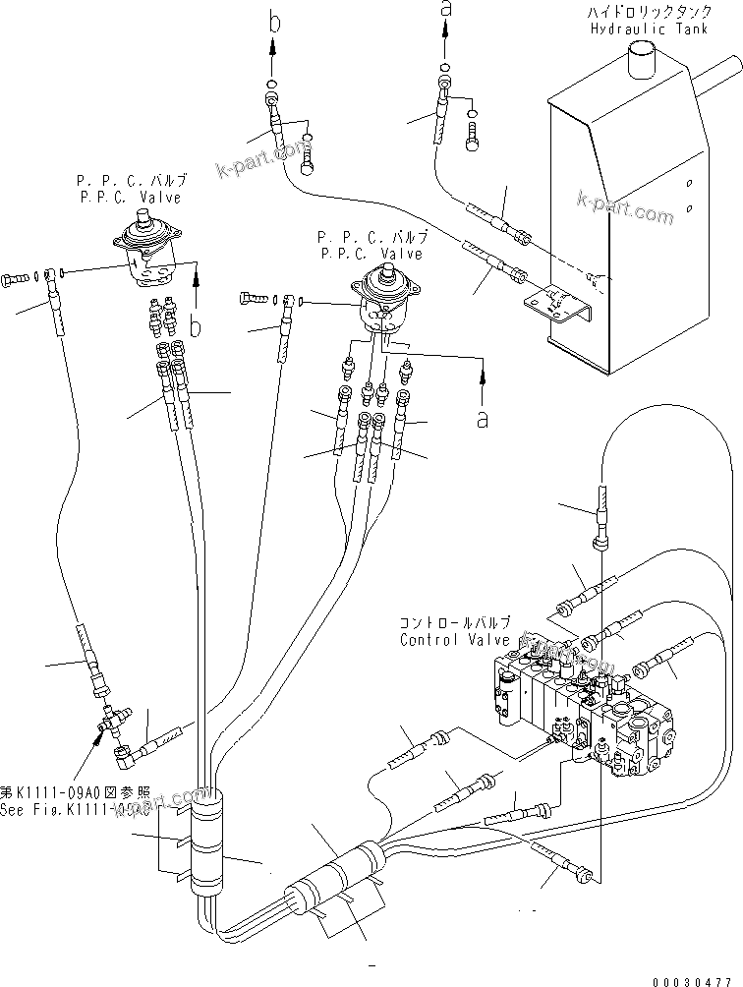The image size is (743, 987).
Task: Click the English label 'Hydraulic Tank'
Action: pyautogui.click(x=641, y=29)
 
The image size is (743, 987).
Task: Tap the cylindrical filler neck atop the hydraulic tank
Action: pyautogui.click(x=645, y=60)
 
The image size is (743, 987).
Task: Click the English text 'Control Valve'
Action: pyautogui.click(x=455, y=640)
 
